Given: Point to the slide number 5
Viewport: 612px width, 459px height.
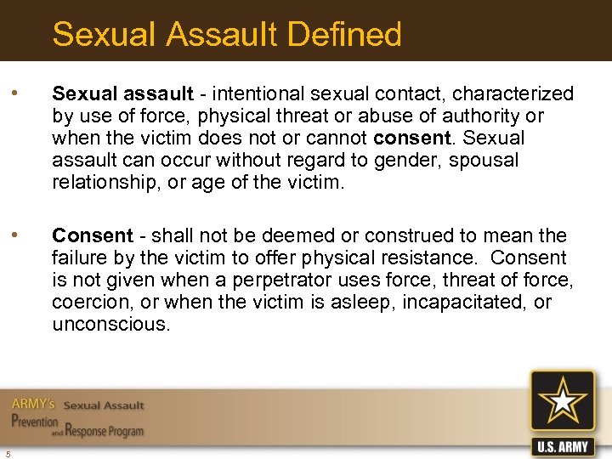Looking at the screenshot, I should pyautogui.click(x=7, y=451).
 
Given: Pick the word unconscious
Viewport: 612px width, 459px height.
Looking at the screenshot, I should pyautogui.click(x=110, y=324).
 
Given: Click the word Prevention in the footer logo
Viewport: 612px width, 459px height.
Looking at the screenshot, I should pyautogui.click(x=35, y=422).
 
